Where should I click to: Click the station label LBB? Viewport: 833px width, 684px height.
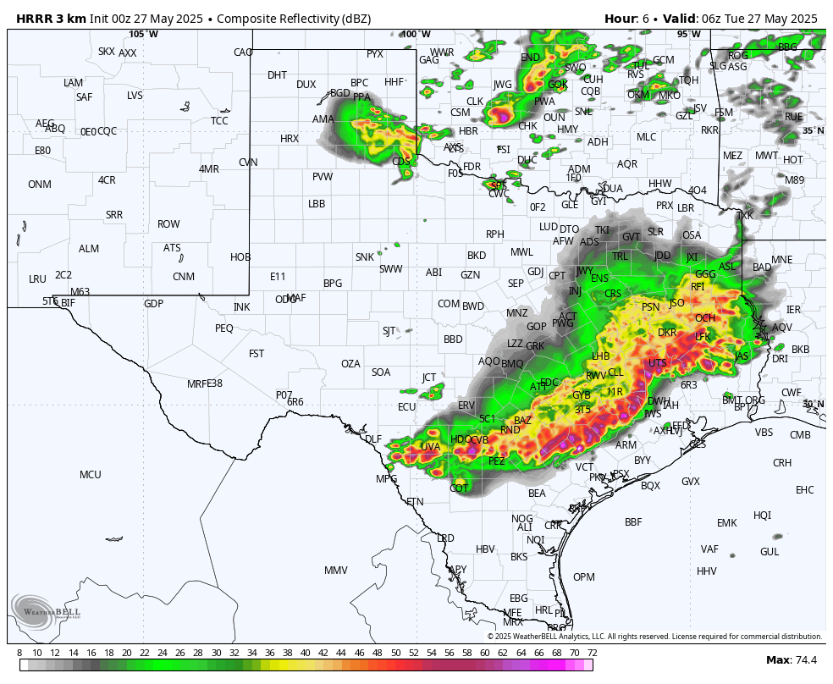(x=317, y=204)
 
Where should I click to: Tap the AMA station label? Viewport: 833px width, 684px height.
(x=323, y=119)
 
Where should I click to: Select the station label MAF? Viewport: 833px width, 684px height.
(x=295, y=298)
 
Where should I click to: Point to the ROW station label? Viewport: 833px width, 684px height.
(x=168, y=224)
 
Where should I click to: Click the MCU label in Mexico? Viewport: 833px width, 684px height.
(x=91, y=475)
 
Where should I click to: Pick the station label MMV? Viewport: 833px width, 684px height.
(x=336, y=571)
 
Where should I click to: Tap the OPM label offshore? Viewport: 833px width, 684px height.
(x=584, y=577)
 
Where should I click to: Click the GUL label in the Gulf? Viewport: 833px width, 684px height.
(x=770, y=552)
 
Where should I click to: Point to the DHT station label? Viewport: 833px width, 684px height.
(x=277, y=75)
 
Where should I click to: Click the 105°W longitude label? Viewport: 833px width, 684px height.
(x=143, y=35)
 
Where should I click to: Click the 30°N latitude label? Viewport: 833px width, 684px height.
(x=813, y=405)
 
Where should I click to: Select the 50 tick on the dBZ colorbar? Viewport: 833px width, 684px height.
(x=395, y=653)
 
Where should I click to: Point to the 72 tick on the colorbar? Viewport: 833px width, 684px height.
(x=592, y=653)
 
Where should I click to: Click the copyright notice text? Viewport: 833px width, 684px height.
(x=654, y=637)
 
